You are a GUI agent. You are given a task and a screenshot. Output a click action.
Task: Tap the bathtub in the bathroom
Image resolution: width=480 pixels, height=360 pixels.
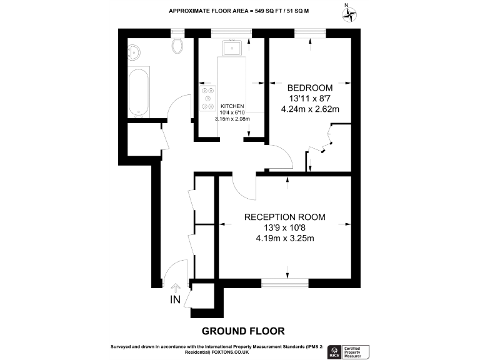(x=139, y=92)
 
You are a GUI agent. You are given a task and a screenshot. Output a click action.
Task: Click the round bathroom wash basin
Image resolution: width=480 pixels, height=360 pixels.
(x=135, y=51)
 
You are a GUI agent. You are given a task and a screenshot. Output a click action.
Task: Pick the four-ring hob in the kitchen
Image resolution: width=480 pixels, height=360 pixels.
(x=205, y=99)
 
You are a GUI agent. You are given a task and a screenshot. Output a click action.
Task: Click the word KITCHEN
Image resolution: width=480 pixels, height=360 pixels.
(x=232, y=106)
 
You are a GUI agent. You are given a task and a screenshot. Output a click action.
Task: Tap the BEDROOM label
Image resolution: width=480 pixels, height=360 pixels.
(x=309, y=88)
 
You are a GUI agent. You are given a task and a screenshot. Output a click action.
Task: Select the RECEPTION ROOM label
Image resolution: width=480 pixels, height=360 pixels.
(x=284, y=217)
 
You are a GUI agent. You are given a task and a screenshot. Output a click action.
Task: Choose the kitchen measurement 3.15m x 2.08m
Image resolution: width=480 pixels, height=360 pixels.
(x=232, y=118)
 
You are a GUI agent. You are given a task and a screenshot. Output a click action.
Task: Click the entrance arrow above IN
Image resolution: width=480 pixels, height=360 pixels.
(x=175, y=287)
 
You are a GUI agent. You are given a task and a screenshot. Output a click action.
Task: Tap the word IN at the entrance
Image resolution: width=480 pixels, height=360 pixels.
(x=175, y=300)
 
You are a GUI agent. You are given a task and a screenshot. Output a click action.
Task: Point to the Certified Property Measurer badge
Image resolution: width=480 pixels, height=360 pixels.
(x=356, y=351)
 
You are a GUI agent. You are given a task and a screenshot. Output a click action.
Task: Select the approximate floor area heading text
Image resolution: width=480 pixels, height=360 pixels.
(x=240, y=11)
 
